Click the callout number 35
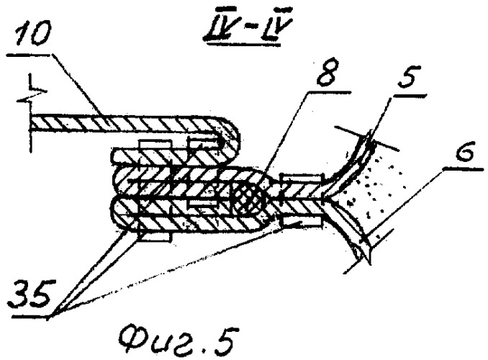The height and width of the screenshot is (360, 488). [x=32, y=294]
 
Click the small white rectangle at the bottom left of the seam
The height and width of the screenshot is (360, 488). [x=155, y=236]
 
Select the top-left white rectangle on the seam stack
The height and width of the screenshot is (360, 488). [x=155, y=145]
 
